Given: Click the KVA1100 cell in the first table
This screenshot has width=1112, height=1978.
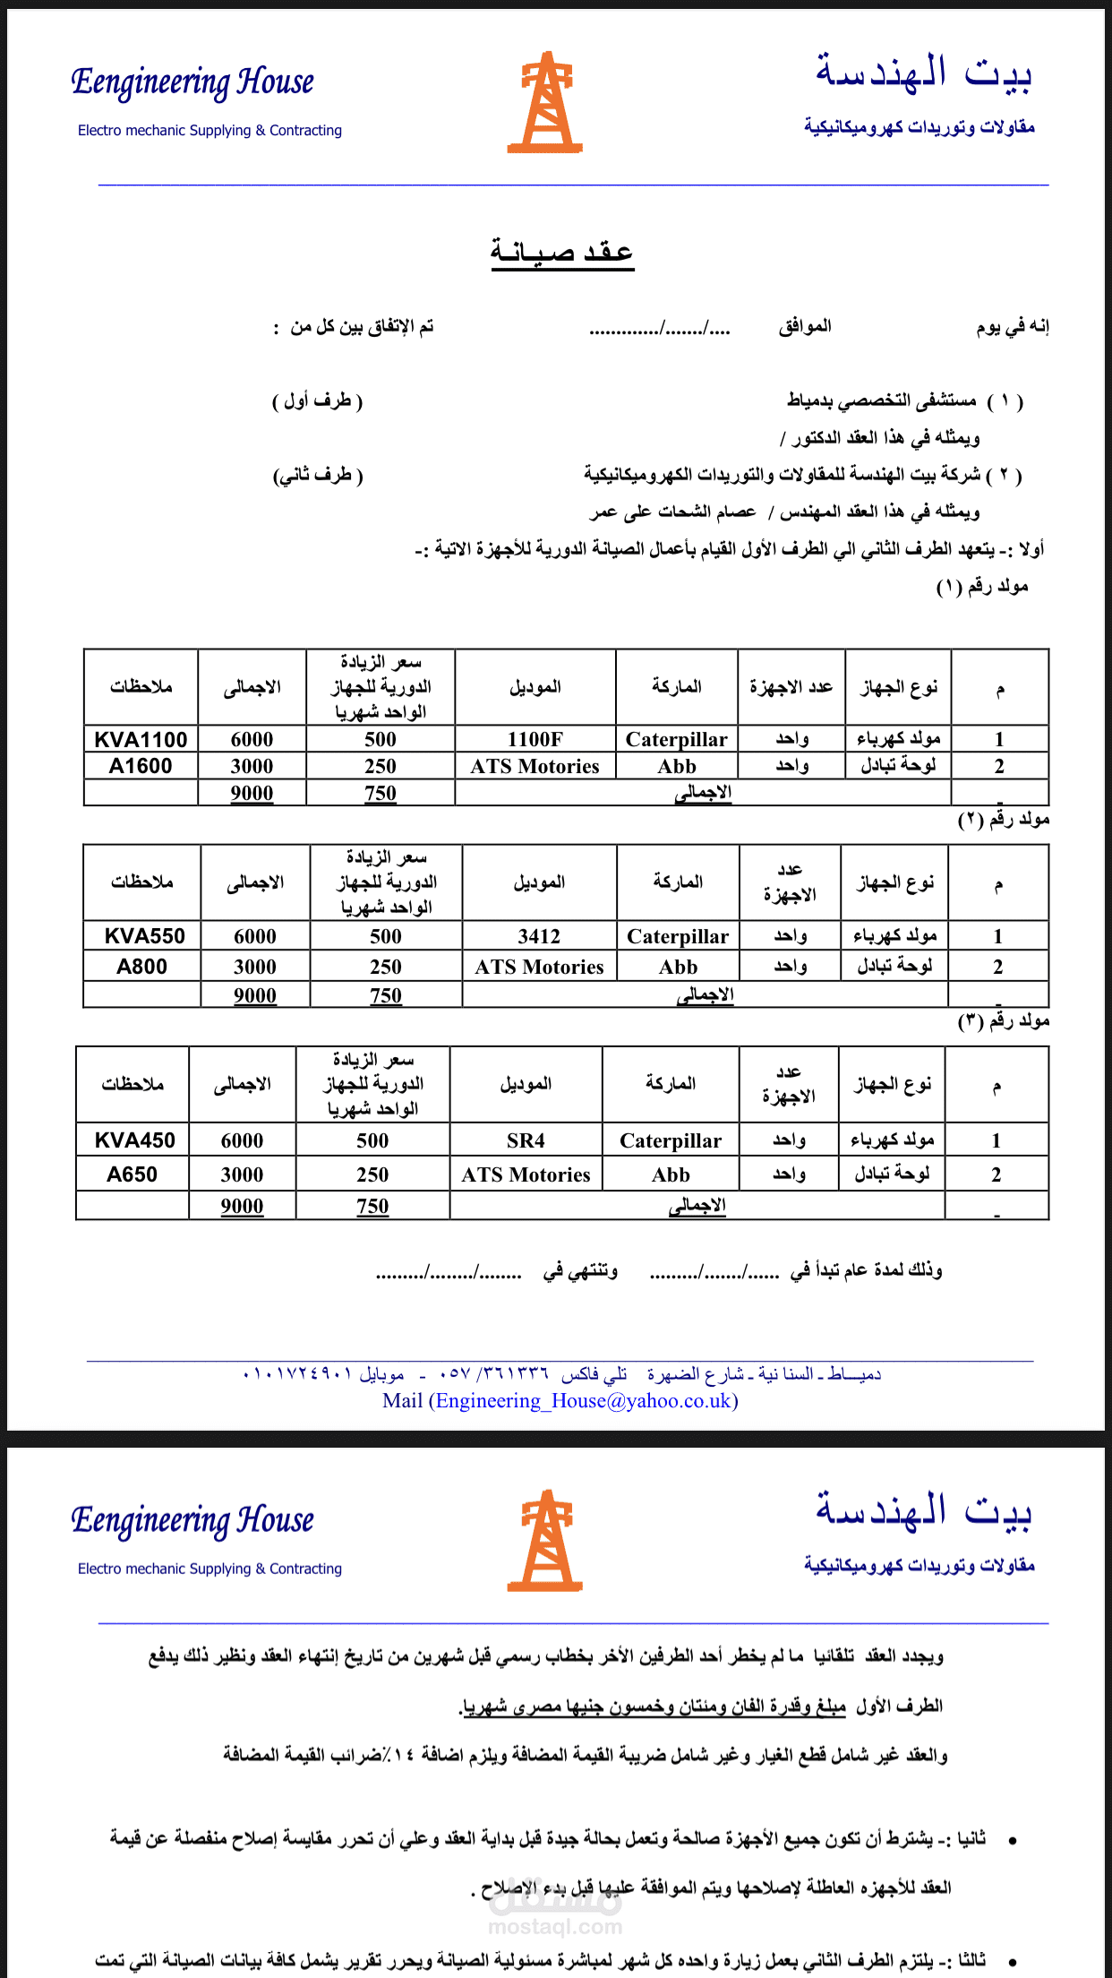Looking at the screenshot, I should pos(141,739).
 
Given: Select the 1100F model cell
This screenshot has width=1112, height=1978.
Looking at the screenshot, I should pos(535,739).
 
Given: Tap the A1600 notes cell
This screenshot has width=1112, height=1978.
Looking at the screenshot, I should pos(141,766).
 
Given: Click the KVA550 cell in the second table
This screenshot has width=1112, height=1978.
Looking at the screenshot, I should pos(143,936).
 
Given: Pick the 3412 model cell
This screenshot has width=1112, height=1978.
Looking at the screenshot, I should pos(539,936).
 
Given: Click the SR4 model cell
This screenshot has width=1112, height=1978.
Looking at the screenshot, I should pos(526,1140).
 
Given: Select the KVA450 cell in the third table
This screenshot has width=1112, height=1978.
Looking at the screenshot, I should pos(134,1140).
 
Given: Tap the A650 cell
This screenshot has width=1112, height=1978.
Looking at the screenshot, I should pos(132,1174).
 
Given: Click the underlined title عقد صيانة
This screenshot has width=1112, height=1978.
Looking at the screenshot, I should pos(561,252).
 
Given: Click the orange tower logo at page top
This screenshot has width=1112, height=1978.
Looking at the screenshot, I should pos(545,103).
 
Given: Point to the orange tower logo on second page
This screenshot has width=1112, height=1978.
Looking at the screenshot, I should pos(545,1542).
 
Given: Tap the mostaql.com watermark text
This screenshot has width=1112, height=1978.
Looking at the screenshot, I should pos(555,1926).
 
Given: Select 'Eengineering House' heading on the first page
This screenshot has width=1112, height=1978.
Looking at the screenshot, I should pos(192,82).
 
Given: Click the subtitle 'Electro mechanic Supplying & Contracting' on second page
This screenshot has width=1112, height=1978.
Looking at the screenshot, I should pos(210,1569).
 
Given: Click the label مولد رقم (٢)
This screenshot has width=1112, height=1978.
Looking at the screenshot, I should pos(1004,820).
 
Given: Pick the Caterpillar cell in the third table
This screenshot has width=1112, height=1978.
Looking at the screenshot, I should pos(670,1140).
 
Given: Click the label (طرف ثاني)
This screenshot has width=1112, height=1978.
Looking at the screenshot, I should pos(318,475).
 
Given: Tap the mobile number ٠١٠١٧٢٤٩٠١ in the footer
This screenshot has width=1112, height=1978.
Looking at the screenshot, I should pos(297,1374).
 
